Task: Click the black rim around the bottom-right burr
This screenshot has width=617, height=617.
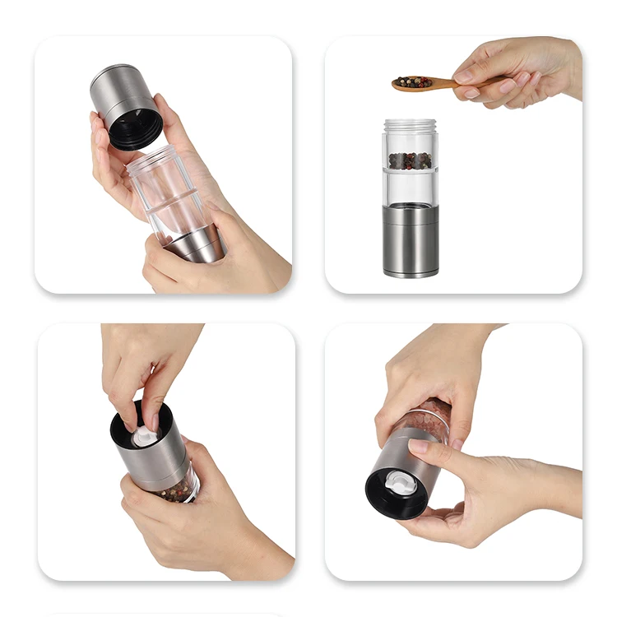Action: click(380, 498)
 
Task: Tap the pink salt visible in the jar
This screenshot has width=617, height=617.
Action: click(428, 420)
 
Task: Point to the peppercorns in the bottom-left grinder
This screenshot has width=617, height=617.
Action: click(177, 492)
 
